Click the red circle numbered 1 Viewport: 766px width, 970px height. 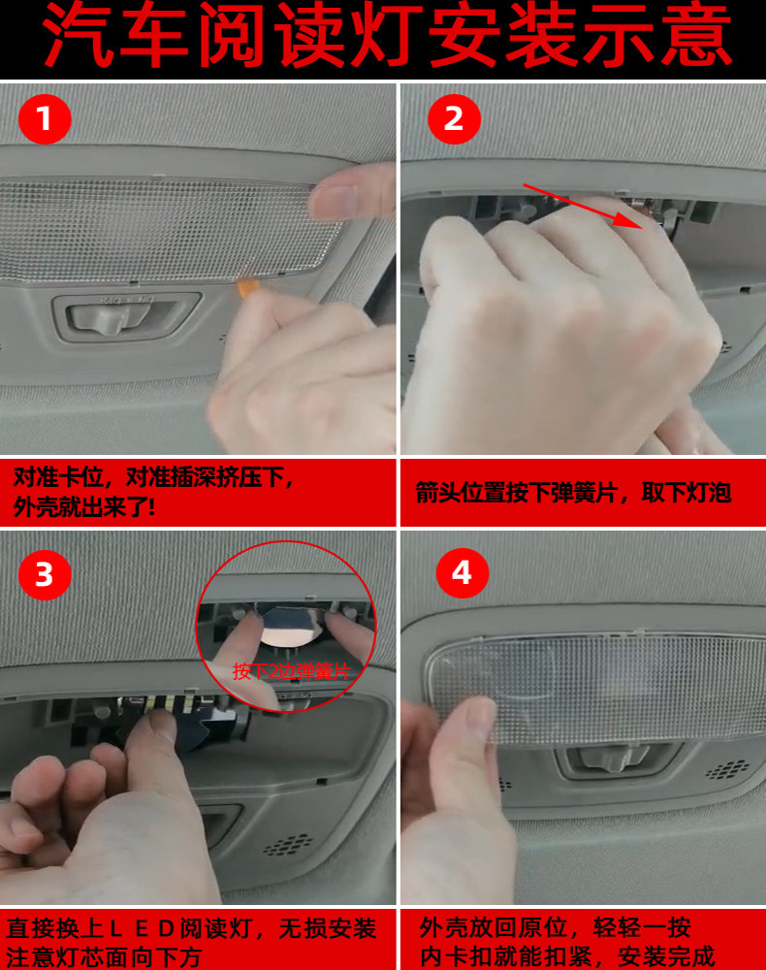coord(45,118)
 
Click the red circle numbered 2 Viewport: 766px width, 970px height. coord(454,118)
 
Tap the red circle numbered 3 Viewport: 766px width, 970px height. coord(45,574)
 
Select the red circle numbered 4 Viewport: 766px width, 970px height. coord(462,572)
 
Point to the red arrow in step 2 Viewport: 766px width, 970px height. coord(584,206)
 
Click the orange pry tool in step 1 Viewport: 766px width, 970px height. coord(247,288)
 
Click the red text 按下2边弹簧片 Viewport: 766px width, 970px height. coord(292,671)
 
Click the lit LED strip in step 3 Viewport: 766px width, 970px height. coord(162,703)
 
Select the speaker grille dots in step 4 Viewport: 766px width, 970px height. coord(727,769)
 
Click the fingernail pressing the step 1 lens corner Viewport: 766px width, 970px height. coord(334,199)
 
